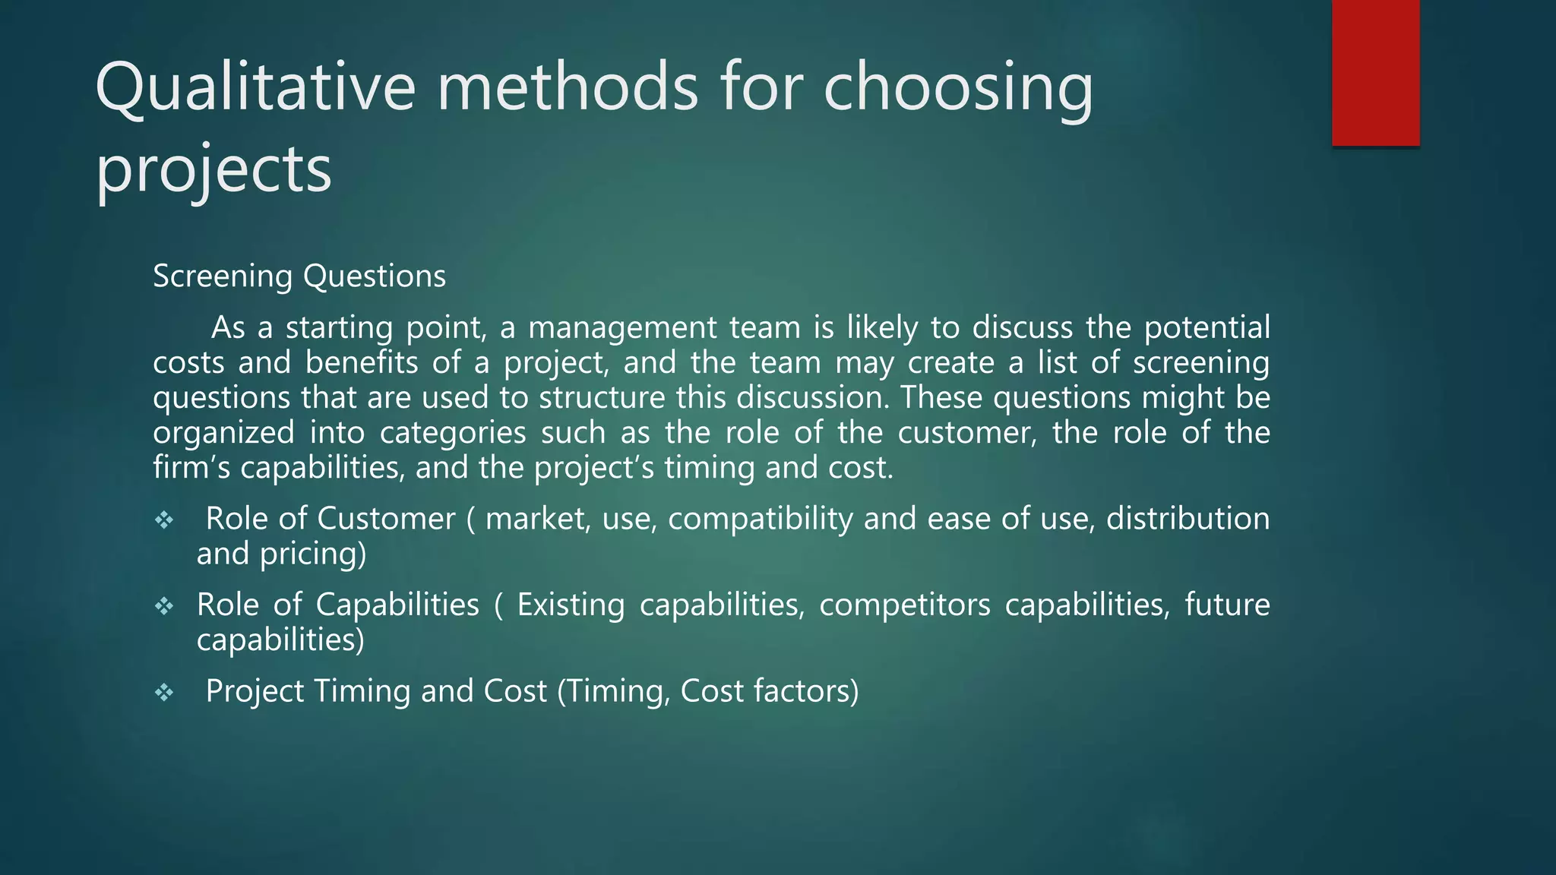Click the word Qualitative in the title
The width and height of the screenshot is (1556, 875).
(x=255, y=87)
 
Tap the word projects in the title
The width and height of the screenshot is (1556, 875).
(x=213, y=169)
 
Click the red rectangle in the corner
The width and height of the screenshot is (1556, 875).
(x=1375, y=72)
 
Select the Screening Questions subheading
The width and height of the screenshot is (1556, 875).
(x=299, y=276)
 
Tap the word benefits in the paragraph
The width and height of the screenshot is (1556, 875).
(x=361, y=363)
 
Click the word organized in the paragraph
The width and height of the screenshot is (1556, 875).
(x=223, y=433)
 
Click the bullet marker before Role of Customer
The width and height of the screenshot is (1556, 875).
(x=164, y=520)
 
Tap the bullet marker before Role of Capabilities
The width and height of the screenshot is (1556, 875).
(x=164, y=606)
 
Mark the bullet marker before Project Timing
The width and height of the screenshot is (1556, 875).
(x=164, y=692)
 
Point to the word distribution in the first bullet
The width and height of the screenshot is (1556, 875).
(x=1188, y=519)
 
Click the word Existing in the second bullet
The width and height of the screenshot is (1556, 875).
(x=571, y=605)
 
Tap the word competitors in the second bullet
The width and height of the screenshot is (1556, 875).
(x=904, y=605)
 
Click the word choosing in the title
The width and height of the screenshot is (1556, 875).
(x=958, y=87)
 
